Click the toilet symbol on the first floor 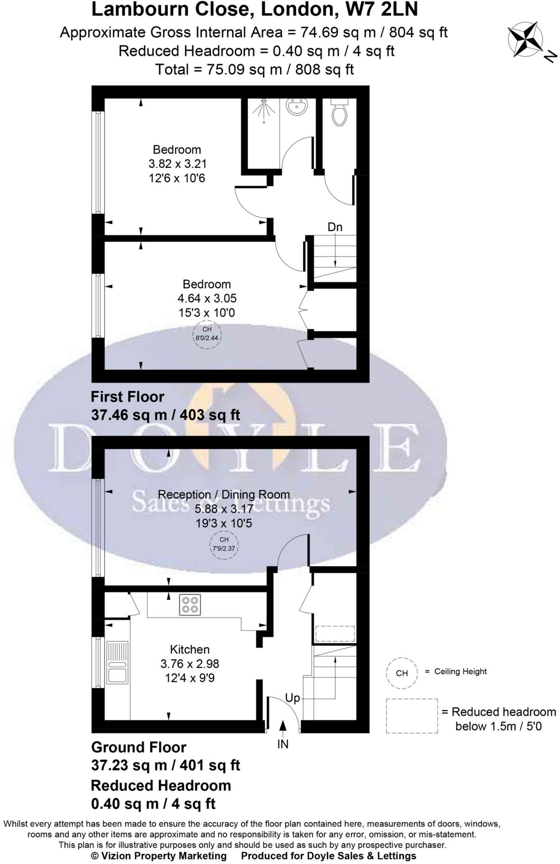pyautogui.click(x=339, y=113)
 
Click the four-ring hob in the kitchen pyautogui.click(x=190, y=605)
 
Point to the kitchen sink pyautogui.click(x=117, y=662)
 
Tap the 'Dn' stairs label pyautogui.click(x=335, y=227)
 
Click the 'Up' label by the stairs pyautogui.click(x=292, y=698)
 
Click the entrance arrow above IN pyautogui.click(x=283, y=725)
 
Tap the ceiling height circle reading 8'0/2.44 pyautogui.click(x=207, y=334)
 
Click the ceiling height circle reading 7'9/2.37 pyautogui.click(x=224, y=545)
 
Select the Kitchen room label pyautogui.click(x=189, y=649)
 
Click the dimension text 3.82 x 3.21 pyautogui.click(x=177, y=164)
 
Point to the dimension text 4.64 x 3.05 pyautogui.click(x=207, y=299)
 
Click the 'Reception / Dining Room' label pyautogui.click(x=223, y=494)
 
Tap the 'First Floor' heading pyautogui.click(x=127, y=397)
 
